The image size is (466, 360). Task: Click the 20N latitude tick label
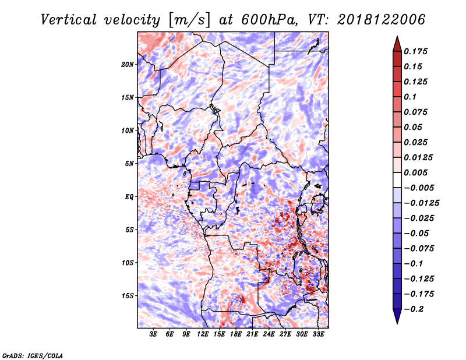128,65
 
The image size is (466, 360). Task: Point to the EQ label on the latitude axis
129,197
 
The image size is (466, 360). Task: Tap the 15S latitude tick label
128,296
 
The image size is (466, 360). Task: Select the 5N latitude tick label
129,164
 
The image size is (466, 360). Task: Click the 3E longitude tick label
153,334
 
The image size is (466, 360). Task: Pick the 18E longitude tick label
236,334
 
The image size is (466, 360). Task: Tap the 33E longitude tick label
318,334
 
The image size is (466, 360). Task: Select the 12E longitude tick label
203,334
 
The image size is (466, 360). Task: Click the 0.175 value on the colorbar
415,51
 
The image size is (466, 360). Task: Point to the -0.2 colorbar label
414,309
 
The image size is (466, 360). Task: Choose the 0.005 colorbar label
415,172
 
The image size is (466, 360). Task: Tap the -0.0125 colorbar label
421,203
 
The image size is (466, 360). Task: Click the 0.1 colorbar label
410,97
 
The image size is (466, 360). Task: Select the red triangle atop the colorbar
397,44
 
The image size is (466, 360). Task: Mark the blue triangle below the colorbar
397,316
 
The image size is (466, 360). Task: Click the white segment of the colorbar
397,180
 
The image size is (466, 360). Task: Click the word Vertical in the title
68,20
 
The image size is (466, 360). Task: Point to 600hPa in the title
269,20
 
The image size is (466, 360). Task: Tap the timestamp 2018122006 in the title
382,20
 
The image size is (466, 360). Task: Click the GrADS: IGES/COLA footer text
33,355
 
